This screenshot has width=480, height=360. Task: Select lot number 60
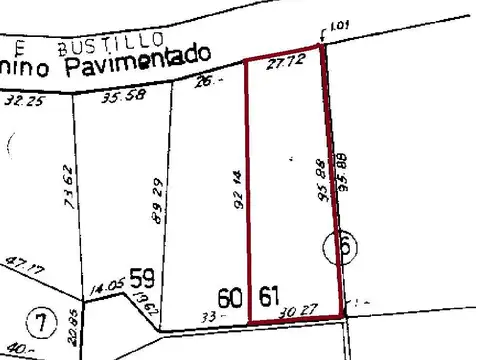231,297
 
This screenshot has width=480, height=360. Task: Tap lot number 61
269,297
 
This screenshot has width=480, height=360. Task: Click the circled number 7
39,323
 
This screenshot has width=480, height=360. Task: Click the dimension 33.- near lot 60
211,316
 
